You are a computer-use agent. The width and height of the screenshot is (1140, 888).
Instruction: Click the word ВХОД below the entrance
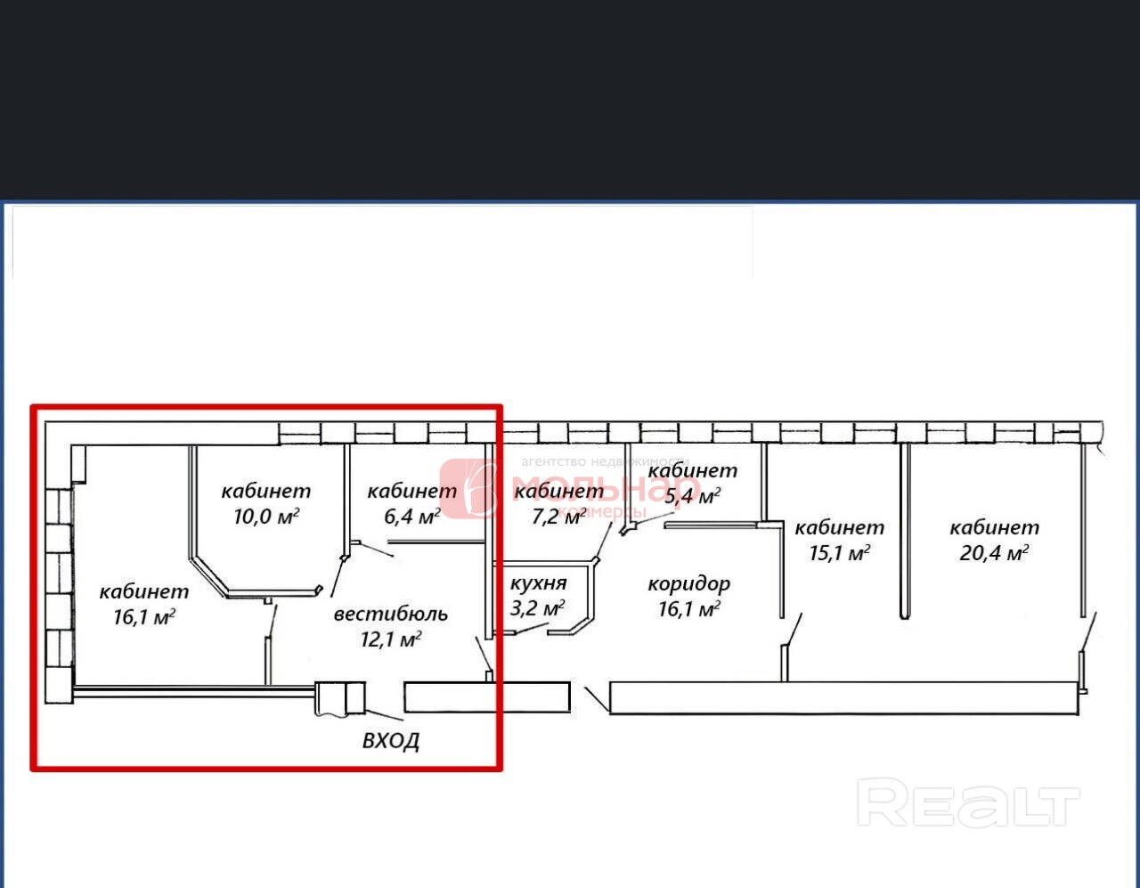click(x=391, y=740)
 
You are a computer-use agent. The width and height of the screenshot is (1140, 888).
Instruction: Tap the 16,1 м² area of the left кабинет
click(x=143, y=616)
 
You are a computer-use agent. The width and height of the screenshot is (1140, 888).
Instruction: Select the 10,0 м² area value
click(x=265, y=516)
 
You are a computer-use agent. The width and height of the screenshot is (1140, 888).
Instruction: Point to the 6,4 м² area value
click(x=411, y=516)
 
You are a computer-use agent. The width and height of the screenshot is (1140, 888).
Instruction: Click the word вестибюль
click(x=390, y=614)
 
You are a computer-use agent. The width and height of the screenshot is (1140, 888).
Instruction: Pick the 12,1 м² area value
click(x=390, y=639)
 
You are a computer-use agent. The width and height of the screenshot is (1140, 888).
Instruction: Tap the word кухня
click(x=538, y=583)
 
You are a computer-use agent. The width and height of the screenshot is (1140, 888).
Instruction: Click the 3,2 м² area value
click(x=537, y=608)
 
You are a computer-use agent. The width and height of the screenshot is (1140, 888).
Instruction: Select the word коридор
click(x=688, y=584)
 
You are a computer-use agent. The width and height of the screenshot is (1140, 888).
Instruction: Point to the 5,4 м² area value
click(x=692, y=495)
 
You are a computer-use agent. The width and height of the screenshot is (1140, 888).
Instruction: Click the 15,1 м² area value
click(x=839, y=553)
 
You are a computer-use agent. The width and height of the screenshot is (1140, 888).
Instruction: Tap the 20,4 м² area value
click(x=993, y=553)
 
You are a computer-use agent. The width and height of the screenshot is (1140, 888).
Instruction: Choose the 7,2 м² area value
click(x=558, y=516)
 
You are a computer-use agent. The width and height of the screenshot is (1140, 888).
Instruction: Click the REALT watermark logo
click(x=968, y=802)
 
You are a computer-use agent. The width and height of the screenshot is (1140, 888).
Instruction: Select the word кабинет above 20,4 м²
click(x=994, y=527)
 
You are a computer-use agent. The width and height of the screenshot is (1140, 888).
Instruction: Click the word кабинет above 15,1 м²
click(x=839, y=527)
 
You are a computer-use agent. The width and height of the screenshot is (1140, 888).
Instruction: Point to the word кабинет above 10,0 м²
click(x=266, y=491)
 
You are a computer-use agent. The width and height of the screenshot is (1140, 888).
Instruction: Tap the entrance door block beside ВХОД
click(x=340, y=698)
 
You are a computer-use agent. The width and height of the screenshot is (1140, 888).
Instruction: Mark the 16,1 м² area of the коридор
click(x=688, y=609)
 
